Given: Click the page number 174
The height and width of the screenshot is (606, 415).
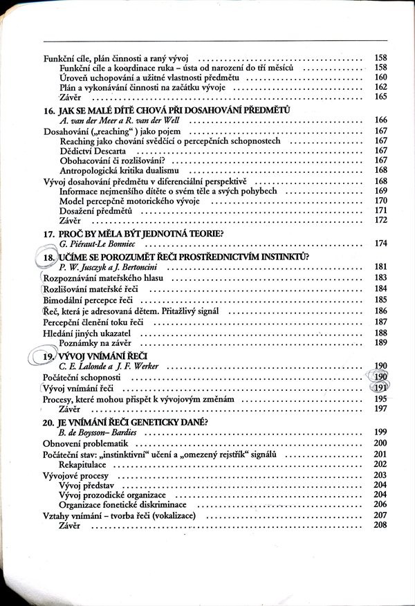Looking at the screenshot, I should [380, 244].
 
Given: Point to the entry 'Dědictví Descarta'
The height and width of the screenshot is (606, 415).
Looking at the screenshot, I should [92, 150].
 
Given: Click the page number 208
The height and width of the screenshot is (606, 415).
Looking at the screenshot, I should [380, 526].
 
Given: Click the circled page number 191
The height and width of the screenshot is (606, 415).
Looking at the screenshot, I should [379, 388].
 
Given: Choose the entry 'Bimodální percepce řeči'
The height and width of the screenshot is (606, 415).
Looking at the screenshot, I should [87, 300].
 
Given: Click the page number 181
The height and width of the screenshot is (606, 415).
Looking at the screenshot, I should [380, 266].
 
